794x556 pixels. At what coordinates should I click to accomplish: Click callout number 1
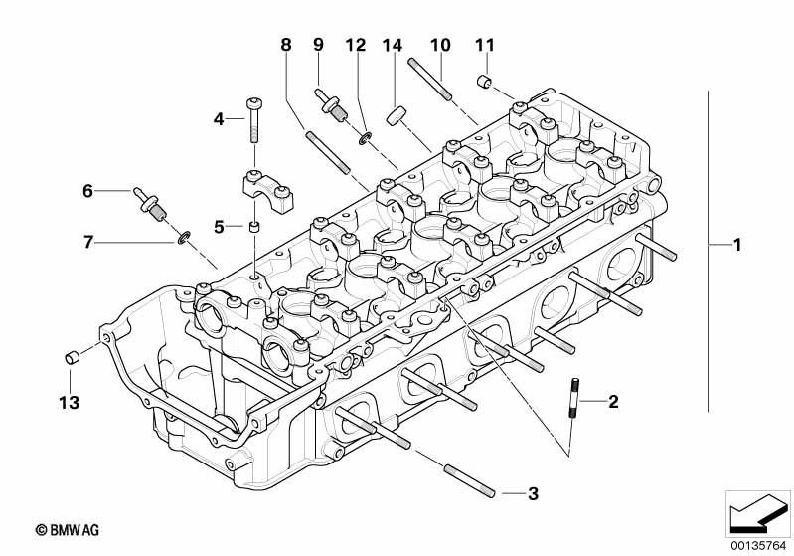point(736,245)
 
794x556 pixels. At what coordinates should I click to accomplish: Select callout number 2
point(613,402)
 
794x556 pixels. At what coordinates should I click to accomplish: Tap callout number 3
point(533,492)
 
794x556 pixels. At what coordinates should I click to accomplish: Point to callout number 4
point(219,119)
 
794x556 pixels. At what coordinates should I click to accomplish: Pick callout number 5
point(219,227)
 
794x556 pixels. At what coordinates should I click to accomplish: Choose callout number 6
point(87,189)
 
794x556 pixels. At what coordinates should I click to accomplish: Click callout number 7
point(87,242)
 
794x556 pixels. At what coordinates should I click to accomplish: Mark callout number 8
point(286,45)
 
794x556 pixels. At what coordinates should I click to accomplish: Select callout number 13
point(69,403)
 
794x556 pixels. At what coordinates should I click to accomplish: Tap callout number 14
point(392,45)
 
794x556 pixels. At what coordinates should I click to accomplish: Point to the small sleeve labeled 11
point(484,81)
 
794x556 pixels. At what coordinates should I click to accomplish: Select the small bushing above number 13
point(72,357)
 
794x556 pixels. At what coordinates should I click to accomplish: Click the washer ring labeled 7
point(183,238)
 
